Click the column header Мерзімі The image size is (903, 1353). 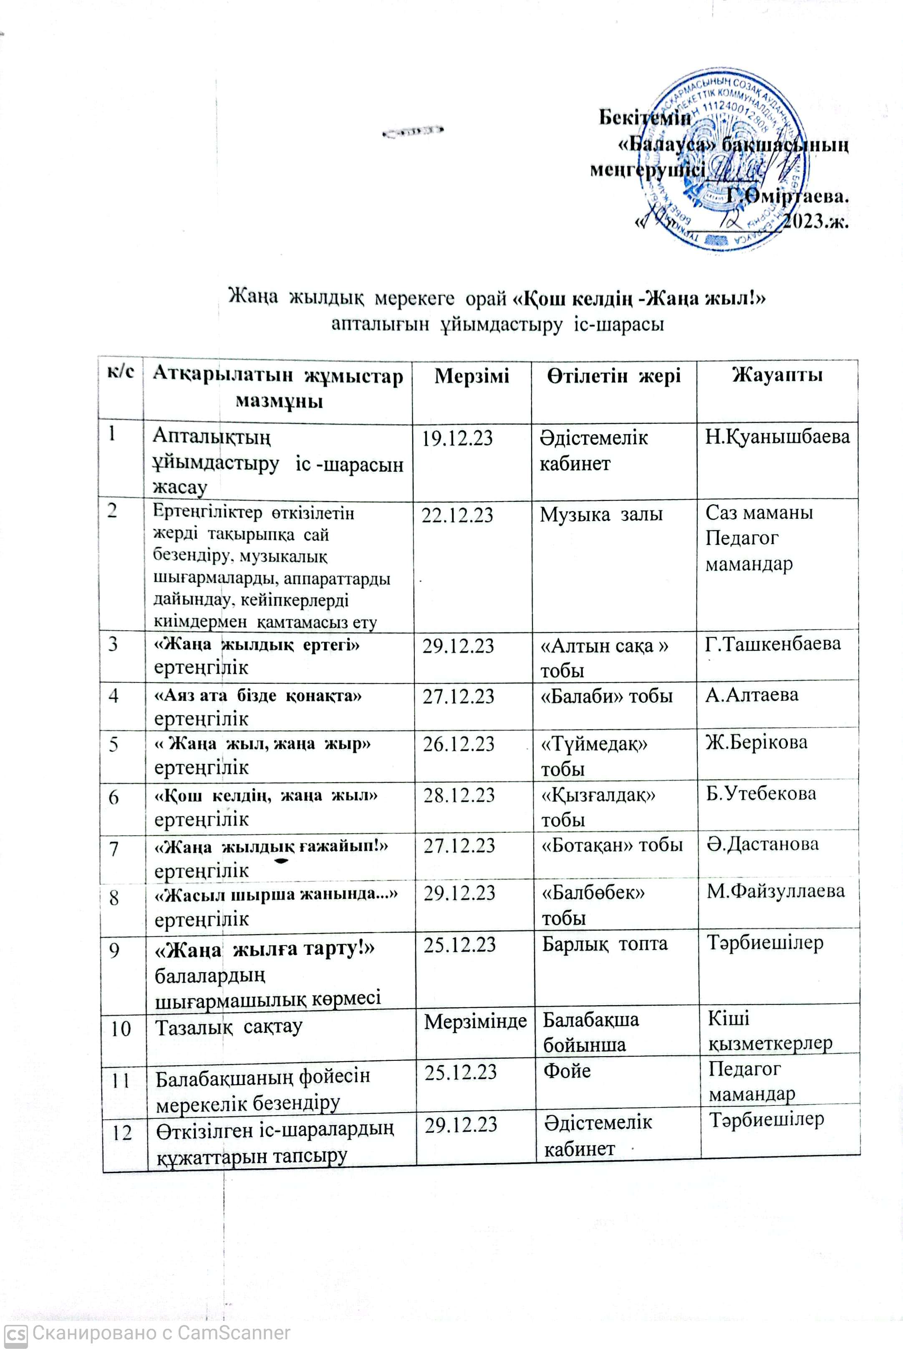click(471, 376)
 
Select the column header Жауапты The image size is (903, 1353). click(777, 375)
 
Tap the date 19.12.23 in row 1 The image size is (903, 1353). click(457, 438)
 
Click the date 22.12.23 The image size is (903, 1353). click(457, 514)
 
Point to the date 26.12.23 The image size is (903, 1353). click(459, 744)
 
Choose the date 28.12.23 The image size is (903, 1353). click(459, 795)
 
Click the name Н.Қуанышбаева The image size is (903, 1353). click(777, 437)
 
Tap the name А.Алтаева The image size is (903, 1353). click(752, 695)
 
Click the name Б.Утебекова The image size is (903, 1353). click(761, 793)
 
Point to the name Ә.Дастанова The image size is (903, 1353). click(762, 844)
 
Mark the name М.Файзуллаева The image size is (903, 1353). click(776, 891)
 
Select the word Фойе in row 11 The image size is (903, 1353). click(567, 1071)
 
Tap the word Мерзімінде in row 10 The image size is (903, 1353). click(475, 1021)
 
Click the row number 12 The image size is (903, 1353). click(121, 1133)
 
